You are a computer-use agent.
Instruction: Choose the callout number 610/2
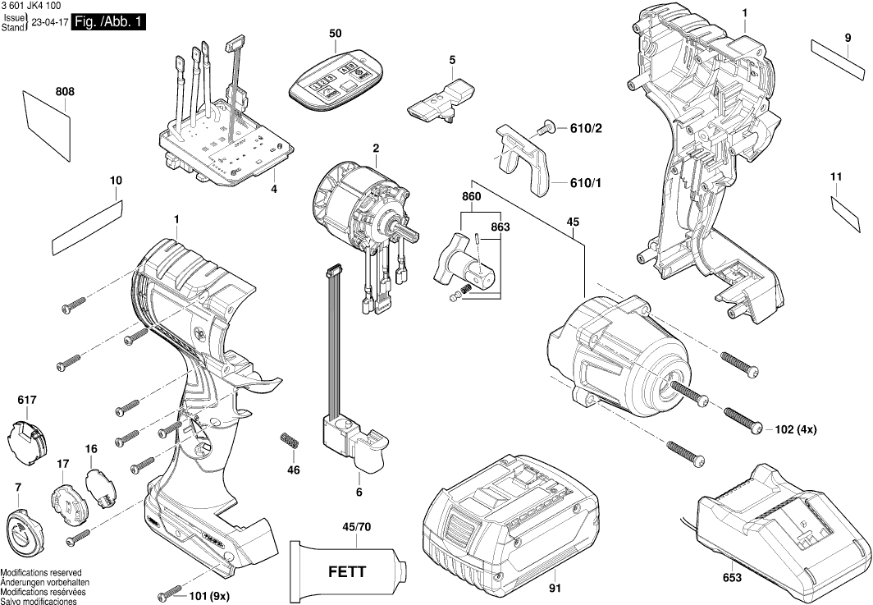(586, 129)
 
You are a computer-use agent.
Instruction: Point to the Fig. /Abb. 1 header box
(109, 22)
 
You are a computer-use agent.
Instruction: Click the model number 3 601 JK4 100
(34, 7)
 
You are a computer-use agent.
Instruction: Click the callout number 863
(500, 226)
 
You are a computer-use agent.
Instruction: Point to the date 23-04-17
(48, 23)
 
